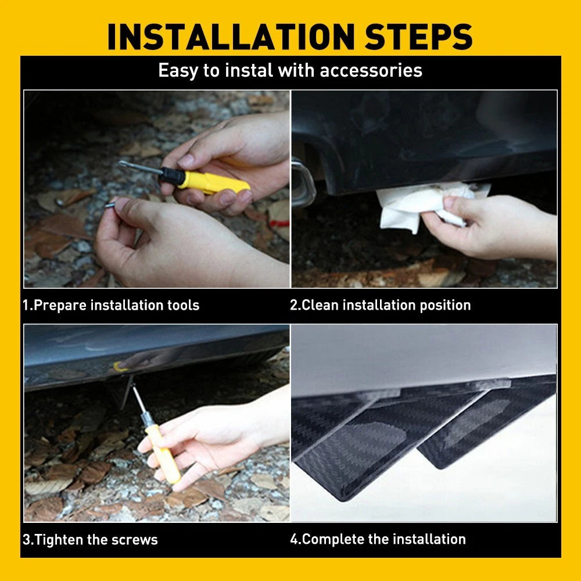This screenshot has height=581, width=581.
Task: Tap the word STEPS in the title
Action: [418, 37]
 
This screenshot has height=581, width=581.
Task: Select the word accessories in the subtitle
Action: [371, 70]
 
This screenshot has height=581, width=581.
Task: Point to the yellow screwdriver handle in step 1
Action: [213, 182]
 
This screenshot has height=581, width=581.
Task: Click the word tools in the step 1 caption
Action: [183, 306]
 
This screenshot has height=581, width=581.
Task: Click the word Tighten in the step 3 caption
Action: [60, 540]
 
